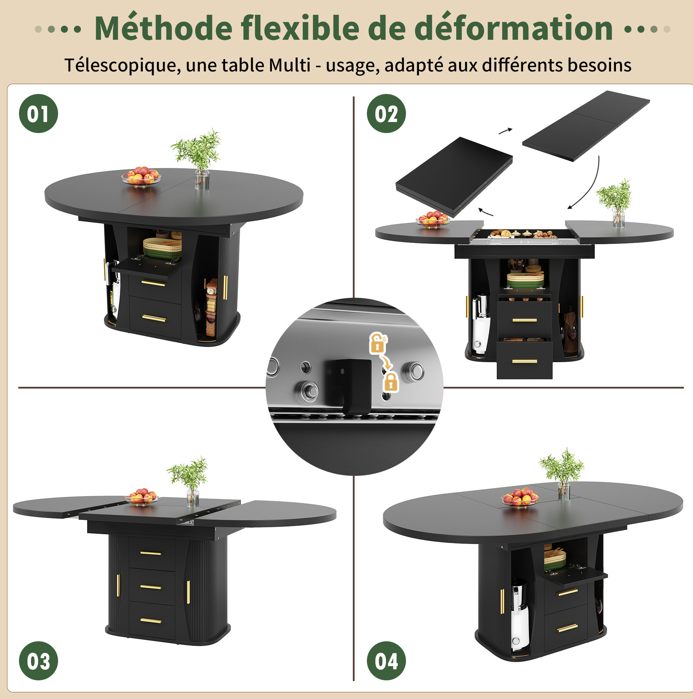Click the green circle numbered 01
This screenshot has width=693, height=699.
[x=38, y=114]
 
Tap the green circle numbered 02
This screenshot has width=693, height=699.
[x=386, y=114]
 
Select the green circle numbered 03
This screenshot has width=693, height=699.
[x=38, y=661]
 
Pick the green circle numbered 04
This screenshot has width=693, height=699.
[x=386, y=661]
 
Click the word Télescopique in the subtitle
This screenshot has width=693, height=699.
[x=123, y=66]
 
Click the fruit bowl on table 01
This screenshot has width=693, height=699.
[x=141, y=176]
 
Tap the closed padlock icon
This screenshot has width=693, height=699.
[x=390, y=381]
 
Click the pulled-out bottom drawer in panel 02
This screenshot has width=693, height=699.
[x=524, y=360]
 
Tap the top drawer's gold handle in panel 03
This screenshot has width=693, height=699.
[x=151, y=553]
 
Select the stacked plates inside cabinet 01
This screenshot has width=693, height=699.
[x=163, y=248]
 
